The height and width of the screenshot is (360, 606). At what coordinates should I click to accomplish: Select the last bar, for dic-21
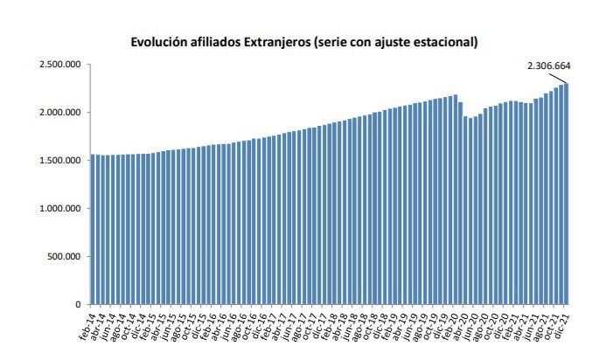567,193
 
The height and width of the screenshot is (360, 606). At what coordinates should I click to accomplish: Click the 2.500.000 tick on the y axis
58,65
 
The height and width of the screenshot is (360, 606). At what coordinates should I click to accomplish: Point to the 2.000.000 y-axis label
58,113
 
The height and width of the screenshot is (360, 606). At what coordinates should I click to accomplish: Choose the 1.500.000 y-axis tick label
58,161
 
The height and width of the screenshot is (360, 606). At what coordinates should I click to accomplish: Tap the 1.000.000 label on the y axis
58,209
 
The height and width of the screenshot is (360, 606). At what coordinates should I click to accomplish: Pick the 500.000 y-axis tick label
63,257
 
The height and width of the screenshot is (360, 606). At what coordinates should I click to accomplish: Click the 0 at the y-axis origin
77,304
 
